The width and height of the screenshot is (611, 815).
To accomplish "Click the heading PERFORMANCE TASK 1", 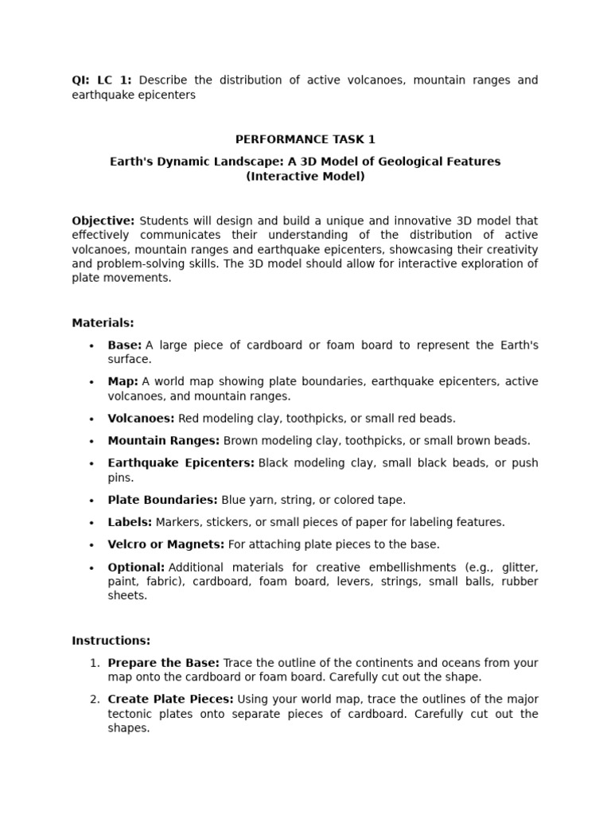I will click(305, 139).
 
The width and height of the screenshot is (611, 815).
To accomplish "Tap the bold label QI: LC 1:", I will click(102, 80).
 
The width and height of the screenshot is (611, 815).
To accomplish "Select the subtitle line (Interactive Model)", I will click(305, 176).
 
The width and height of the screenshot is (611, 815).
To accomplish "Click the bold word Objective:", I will click(103, 220).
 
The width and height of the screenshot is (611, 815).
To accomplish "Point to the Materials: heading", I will click(103, 322).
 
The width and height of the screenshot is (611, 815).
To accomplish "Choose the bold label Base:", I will click(125, 345).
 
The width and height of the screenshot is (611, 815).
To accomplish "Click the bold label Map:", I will click(123, 381).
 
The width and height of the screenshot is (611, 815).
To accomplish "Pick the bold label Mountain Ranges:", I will click(164, 440).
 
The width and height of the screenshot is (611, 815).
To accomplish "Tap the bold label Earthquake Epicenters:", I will click(181, 462).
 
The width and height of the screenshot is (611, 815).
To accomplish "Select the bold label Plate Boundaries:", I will click(162, 500).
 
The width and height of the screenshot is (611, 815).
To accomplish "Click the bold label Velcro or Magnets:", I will click(166, 544).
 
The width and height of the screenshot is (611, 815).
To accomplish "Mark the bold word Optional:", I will click(136, 567).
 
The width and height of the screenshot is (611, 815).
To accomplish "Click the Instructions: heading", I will click(111, 640).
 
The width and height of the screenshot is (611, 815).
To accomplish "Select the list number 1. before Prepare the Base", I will click(94, 662).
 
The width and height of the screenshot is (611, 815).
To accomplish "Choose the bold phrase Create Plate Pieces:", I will click(170, 699).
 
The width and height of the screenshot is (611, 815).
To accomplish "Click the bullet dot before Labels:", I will click(92, 523).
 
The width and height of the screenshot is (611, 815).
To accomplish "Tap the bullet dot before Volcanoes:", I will click(92, 419).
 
